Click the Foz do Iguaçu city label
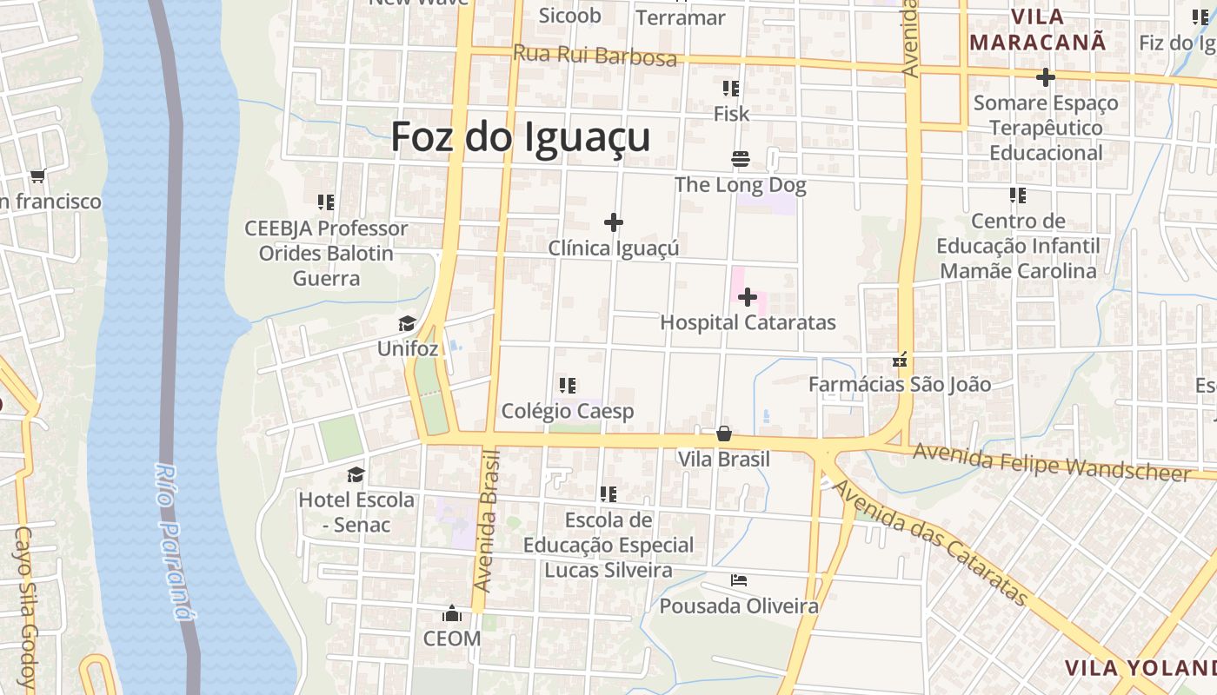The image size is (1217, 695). point(520,137)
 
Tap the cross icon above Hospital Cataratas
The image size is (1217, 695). point(748,298)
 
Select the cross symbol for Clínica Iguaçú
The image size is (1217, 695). point(614,222)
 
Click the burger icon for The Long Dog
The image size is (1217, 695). point(741,159)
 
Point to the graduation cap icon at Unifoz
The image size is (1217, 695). point(407,324)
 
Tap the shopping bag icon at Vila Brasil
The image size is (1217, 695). point(724,434)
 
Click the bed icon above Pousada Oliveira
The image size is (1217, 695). point(739,580)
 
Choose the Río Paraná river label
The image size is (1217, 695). point(172,540)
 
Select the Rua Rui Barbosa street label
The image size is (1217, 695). point(595,56)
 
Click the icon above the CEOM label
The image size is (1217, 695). point(451,614)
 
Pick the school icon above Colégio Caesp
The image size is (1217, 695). point(568,385)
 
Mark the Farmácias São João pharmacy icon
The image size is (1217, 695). point(900,360)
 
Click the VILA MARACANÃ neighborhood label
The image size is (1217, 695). point(1039,30)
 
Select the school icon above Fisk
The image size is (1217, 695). point(731,89)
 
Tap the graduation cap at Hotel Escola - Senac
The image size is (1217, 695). point(356,474)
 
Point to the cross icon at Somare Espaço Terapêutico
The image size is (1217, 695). point(1045,77)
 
